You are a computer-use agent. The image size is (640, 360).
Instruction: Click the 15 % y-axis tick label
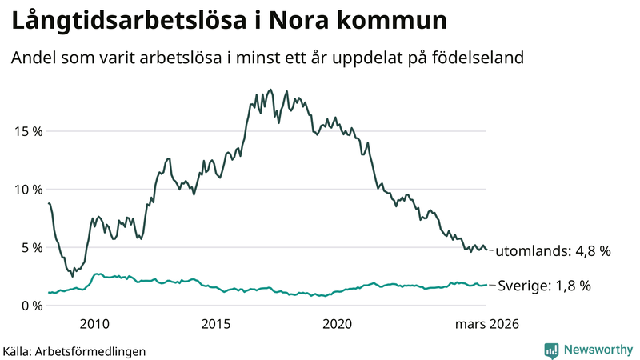[27, 131]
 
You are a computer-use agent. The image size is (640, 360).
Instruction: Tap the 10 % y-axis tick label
[27, 190]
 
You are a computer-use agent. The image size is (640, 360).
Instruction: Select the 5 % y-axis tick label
[30, 248]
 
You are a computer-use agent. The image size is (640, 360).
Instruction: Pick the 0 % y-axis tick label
[30, 306]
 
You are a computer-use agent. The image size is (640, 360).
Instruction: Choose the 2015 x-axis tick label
[215, 324]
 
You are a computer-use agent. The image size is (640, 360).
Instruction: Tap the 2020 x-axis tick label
[337, 324]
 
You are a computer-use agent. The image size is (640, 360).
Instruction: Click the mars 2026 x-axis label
[486, 324]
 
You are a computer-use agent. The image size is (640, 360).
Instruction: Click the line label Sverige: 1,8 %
[544, 286]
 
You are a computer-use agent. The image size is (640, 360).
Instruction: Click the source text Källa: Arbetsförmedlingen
[75, 350]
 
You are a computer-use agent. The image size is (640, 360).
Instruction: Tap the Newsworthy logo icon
[551, 350]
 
